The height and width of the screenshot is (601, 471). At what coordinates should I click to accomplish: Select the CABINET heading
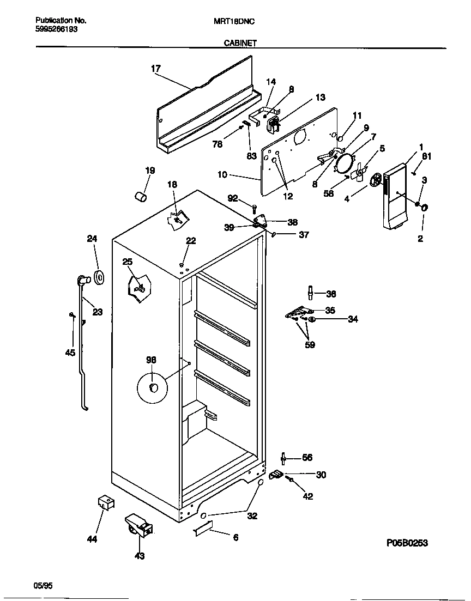tap(240, 43)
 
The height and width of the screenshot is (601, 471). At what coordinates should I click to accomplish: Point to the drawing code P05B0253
tap(407, 542)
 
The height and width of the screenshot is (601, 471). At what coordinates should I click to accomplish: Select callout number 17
tap(156, 69)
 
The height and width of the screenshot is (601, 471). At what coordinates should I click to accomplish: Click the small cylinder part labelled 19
tap(141, 195)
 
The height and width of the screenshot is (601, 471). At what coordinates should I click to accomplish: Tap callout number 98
tap(151, 360)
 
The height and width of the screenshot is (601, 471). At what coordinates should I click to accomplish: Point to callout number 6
tap(235, 538)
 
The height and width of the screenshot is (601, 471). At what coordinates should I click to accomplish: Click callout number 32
tap(252, 516)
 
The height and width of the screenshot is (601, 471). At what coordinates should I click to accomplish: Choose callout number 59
tap(310, 344)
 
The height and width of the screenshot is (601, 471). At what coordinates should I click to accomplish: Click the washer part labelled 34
tap(312, 319)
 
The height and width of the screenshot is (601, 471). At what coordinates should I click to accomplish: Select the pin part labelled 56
tap(283, 458)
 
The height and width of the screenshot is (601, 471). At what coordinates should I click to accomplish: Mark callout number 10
tap(222, 175)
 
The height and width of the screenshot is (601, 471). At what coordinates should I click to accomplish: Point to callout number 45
tap(70, 353)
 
